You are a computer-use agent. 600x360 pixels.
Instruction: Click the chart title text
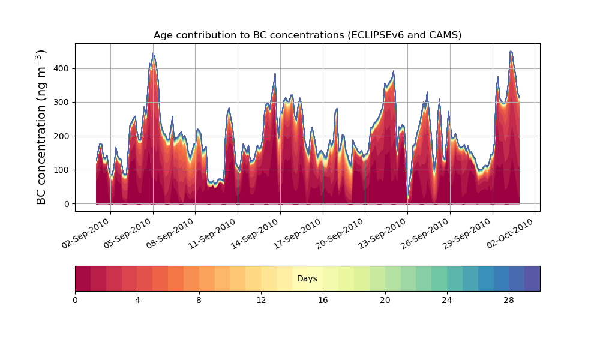[307, 35]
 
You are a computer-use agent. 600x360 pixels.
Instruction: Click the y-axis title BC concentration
[41, 127]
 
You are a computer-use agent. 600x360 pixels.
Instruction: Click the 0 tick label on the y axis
[67, 204]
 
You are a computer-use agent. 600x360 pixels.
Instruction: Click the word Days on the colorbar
[307, 278]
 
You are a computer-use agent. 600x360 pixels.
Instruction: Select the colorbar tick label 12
[261, 301]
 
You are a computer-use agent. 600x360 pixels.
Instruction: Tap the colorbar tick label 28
[509, 301]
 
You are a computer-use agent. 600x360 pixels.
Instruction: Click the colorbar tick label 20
[385, 301]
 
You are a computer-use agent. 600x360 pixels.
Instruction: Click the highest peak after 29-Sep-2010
[511, 51]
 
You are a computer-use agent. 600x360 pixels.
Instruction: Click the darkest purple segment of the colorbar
[532, 278]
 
